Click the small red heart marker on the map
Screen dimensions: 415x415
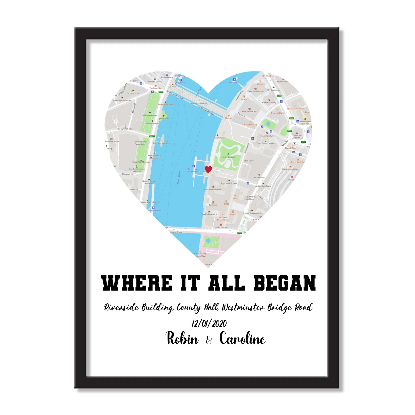tap(208, 169)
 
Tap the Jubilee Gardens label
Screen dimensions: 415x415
tap(228, 157)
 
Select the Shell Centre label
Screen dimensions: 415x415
tap(249, 161)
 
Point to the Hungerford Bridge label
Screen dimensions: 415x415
tap(199, 103)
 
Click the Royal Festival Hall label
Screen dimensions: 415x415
tap(250, 111)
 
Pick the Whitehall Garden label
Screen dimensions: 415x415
tap(150, 115)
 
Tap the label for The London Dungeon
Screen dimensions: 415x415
tap(213, 189)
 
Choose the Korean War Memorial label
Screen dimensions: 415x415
tap(141, 162)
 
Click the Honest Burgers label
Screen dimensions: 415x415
tap(251, 125)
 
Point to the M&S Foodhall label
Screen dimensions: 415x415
tap(259, 177)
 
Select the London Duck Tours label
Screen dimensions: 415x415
tap(263, 186)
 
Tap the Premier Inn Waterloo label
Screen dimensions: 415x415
tap(252, 213)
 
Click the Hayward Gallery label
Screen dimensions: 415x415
tap(269, 103)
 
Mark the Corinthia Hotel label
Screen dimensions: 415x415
tap(133, 93)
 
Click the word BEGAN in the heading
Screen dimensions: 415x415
tap(285, 283)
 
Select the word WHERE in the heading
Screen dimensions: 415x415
tap(137, 283)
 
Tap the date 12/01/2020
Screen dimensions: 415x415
tap(209, 324)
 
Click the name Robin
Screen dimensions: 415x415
tap(182, 338)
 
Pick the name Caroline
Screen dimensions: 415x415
tap(243, 338)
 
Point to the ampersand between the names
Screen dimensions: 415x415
tap(209, 340)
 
